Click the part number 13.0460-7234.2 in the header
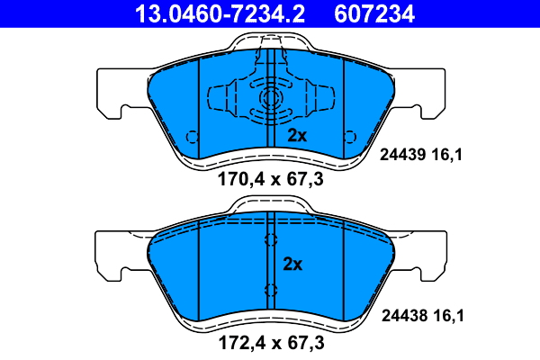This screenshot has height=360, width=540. (220, 13)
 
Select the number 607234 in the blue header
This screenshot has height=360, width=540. (374, 13)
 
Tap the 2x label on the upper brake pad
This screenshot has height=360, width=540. (297, 136)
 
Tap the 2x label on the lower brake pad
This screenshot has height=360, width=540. (292, 265)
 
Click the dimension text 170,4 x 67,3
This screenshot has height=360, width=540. (271, 179)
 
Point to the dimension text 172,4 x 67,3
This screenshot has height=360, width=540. (272, 343)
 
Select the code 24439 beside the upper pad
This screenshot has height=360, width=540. (402, 155)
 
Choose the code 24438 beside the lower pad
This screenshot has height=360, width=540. (404, 316)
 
